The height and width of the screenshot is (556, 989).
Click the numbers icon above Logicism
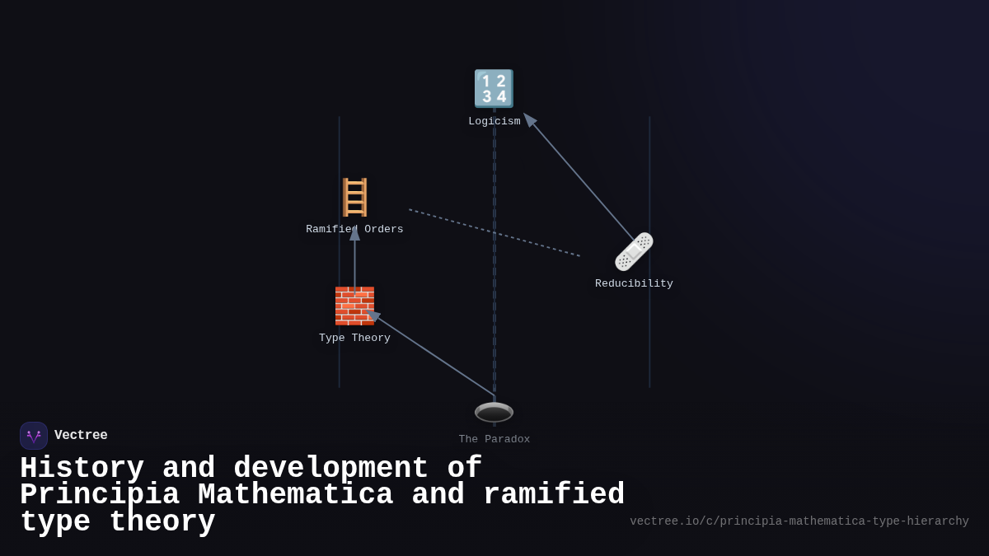pyautogui.click(x=494, y=89)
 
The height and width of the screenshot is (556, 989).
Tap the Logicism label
pyautogui.click(x=494, y=122)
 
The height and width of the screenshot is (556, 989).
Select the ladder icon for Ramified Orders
pyautogui.click(x=354, y=198)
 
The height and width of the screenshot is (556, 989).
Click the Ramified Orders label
pyautogui.click(x=354, y=230)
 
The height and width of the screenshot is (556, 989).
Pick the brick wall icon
pyautogui.click(x=354, y=306)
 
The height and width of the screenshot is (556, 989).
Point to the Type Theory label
pyautogui.click(x=354, y=339)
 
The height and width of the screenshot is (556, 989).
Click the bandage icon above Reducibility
pyautogui.click(x=634, y=251)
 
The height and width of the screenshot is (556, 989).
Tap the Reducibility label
pyautogui.click(x=634, y=284)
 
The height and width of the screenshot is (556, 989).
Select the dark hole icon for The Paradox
pyautogui.click(x=494, y=412)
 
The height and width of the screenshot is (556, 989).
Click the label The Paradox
pyautogui.click(x=494, y=440)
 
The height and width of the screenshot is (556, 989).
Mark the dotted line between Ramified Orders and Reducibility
pyautogui.click(x=494, y=233)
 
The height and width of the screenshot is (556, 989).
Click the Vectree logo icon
pyautogui.click(x=34, y=436)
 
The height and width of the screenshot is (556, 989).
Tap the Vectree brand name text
pyautogui.click(x=81, y=436)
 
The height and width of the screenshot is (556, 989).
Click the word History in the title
pyautogui.click(x=82, y=469)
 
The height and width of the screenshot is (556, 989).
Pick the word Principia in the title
pyautogui.click(x=99, y=495)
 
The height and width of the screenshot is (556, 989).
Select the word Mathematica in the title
pyautogui.click(x=295, y=495)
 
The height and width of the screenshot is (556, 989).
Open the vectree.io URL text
pyautogui.click(x=799, y=521)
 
